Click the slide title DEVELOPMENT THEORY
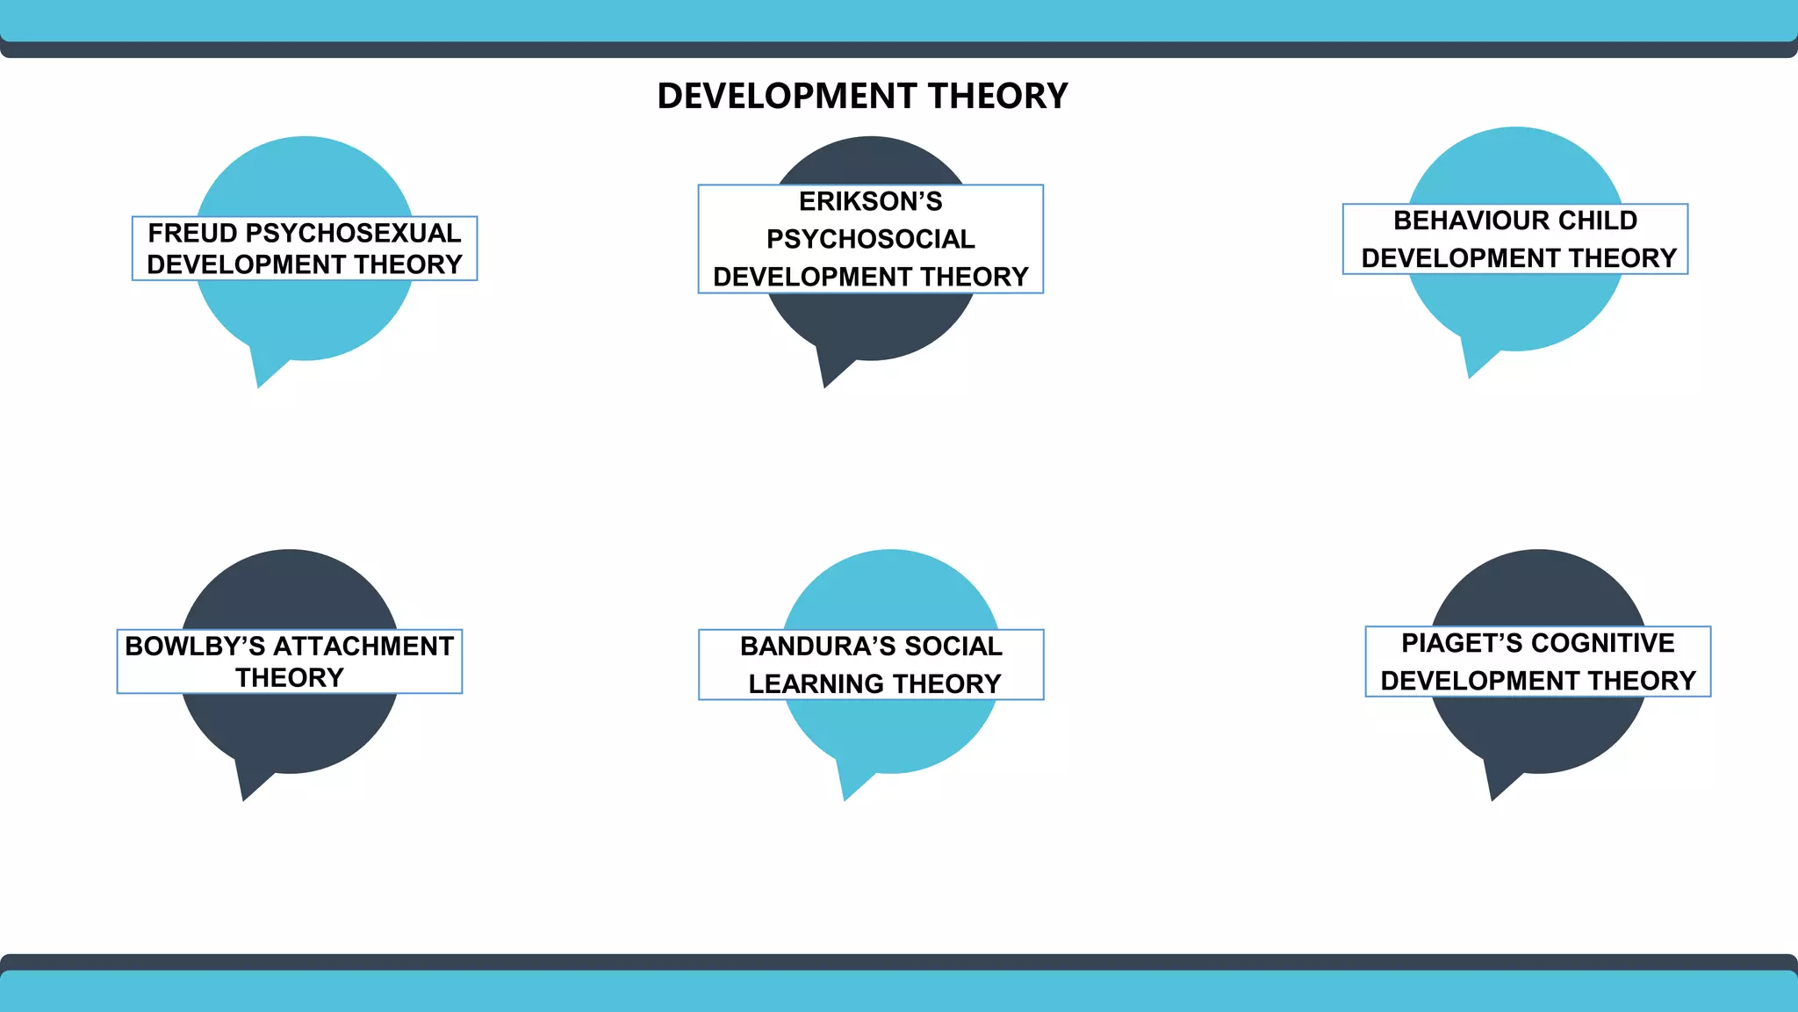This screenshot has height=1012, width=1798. pos(862,96)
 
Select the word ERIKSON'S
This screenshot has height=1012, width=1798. pos(870,202)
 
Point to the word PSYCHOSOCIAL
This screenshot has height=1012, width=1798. pos(870,239)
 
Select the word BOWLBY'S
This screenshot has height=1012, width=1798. pos(195,647)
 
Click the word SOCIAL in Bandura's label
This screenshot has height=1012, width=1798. pos(953,647)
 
